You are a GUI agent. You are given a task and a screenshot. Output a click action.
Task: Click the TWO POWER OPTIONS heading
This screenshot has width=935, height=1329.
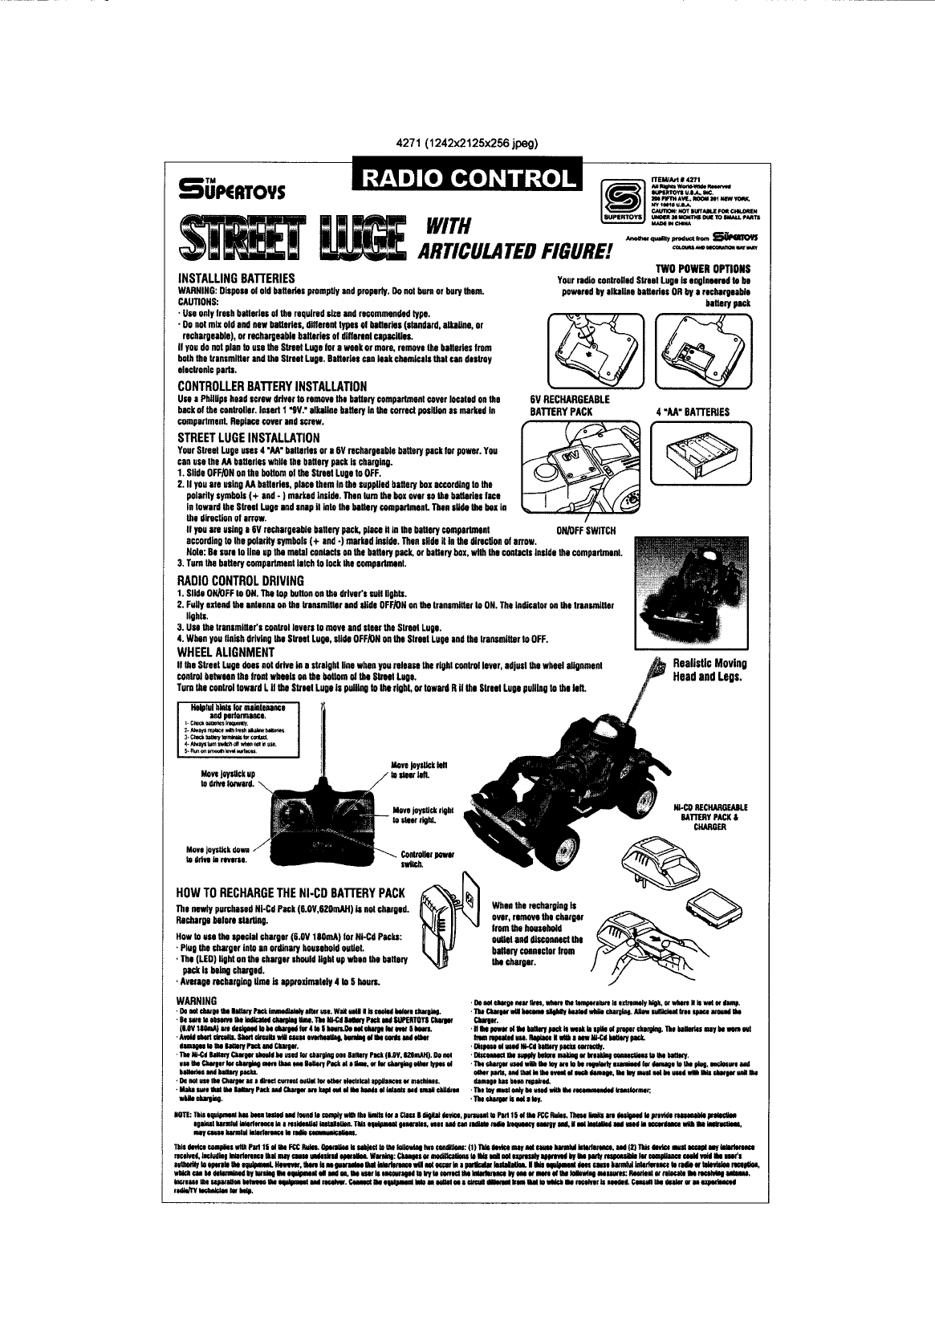click(703, 269)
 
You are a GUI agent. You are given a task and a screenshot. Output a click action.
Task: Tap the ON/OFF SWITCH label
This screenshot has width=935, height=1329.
click(585, 530)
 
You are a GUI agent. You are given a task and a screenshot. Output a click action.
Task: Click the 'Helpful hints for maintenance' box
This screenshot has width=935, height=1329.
click(238, 730)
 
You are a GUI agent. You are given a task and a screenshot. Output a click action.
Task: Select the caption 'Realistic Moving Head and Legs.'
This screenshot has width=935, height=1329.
click(709, 669)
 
